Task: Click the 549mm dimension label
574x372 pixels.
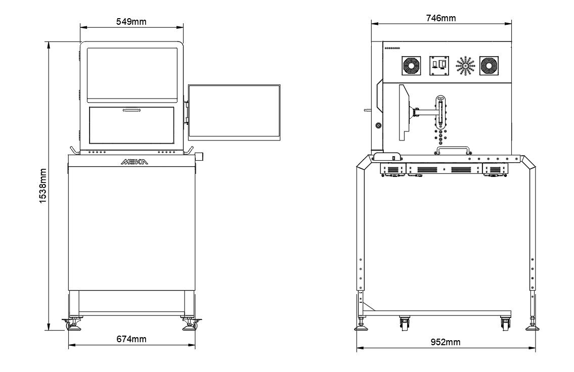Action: [131, 22]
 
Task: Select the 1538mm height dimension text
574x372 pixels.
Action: [43, 186]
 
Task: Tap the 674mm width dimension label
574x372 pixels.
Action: [131, 339]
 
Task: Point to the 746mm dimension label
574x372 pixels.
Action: [441, 18]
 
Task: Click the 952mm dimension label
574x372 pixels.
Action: [445, 342]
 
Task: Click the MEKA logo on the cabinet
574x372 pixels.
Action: [135, 162]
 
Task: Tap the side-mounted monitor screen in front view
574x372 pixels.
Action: [234, 113]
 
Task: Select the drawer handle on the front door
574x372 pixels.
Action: [132, 110]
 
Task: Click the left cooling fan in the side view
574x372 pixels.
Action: [412, 66]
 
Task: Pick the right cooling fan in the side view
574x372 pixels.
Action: [489, 66]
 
